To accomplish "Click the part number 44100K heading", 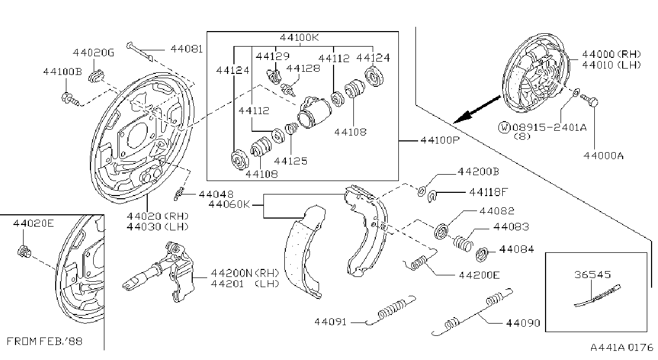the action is [x=299, y=37].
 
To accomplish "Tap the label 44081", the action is [x=186, y=49].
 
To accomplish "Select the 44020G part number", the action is [x=93, y=52].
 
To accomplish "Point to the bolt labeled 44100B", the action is [x=70, y=99].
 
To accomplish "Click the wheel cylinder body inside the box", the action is [x=313, y=112].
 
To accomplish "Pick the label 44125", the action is [x=291, y=161].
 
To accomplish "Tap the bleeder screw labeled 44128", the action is [x=288, y=89].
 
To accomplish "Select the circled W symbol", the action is [x=504, y=127].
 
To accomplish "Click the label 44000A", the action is [x=603, y=155].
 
